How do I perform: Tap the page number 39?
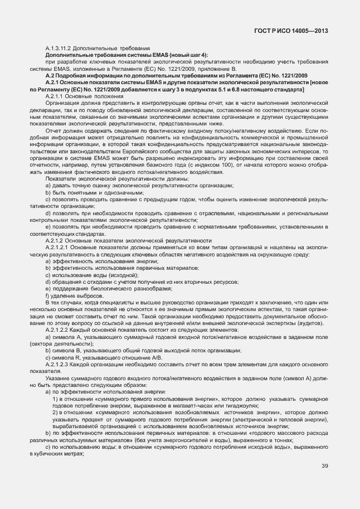tap(324, 467)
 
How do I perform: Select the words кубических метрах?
tap(52, 454)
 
